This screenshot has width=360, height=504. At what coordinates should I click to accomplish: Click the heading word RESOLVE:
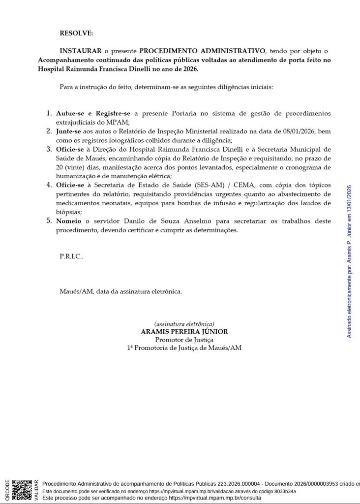coord(76,33)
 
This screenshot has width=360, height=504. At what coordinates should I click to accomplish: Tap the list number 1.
coord(49,113)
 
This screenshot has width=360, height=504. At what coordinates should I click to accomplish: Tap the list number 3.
coord(49,149)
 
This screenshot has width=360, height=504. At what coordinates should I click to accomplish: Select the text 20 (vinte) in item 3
coord(72,167)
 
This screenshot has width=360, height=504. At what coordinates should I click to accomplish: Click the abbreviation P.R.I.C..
coord(71,256)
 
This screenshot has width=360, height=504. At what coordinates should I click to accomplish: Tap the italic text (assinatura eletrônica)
coord(184,324)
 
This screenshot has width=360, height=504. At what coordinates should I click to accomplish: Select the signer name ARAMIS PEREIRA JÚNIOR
coord(184,332)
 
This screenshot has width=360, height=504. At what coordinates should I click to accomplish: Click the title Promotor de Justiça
coord(184,340)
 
